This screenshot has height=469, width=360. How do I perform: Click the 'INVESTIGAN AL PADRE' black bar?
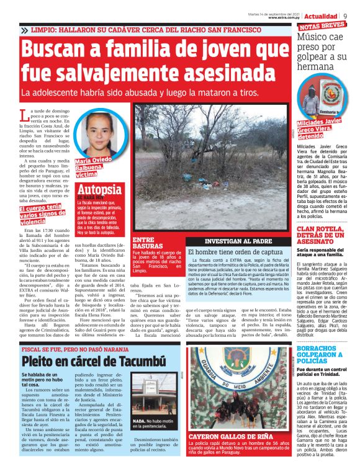[238, 240]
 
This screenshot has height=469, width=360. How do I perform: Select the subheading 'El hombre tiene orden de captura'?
[236, 252]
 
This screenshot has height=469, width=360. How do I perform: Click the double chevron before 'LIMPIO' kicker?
[24, 30]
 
